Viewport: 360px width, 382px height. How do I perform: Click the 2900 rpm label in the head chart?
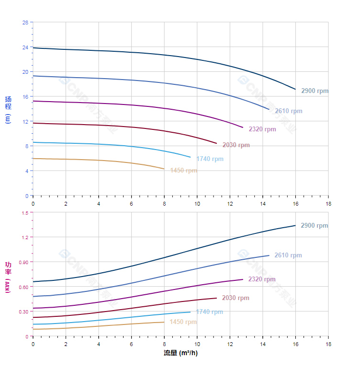pos(315,91)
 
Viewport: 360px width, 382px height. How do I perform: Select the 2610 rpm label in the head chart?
pos(288,111)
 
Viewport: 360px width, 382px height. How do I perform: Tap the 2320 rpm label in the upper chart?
pos(262,129)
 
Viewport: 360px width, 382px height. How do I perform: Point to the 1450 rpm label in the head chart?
pos(183,171)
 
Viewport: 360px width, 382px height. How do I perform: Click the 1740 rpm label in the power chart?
pos(209,312)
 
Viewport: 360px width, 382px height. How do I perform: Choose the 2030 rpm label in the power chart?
pos(236,298)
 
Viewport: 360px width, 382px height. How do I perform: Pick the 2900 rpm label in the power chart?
pos(314,226)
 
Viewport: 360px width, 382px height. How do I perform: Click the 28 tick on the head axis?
pos(25,22)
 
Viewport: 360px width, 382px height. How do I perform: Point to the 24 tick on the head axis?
pos(25,47)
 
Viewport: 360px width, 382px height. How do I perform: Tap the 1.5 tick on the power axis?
pos(24,212)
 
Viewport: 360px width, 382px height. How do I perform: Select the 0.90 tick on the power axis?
pos(23,262)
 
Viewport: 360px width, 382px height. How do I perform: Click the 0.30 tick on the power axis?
pos(23,312)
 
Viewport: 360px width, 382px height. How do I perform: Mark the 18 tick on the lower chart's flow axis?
pos(328,345)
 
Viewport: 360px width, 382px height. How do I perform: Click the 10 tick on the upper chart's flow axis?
pos(197,204)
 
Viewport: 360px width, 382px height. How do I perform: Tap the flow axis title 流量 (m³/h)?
pos(180,353)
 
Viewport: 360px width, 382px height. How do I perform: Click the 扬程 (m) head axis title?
pos(8,109)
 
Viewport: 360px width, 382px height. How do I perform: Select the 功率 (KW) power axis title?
pos(8,277)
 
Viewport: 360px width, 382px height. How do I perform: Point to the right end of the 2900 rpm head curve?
pos(295,89)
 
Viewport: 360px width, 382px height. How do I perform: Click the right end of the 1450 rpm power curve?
pos(164,322)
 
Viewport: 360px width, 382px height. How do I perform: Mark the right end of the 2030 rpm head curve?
pos(216,143)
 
